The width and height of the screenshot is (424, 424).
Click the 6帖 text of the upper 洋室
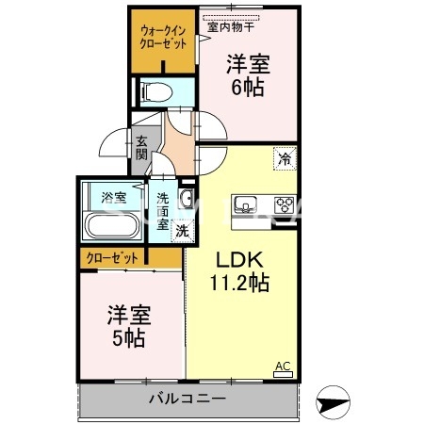point(248,87)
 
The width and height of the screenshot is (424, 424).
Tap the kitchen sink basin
point(244,204)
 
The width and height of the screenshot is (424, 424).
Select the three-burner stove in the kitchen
point(284,204)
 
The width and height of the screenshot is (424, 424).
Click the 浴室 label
point(113,197)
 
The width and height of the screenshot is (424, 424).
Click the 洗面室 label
point(163,212)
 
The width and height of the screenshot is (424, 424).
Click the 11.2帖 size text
point(239,282)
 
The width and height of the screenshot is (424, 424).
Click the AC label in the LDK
point(283,367)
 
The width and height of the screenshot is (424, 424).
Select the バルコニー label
point(187,400)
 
